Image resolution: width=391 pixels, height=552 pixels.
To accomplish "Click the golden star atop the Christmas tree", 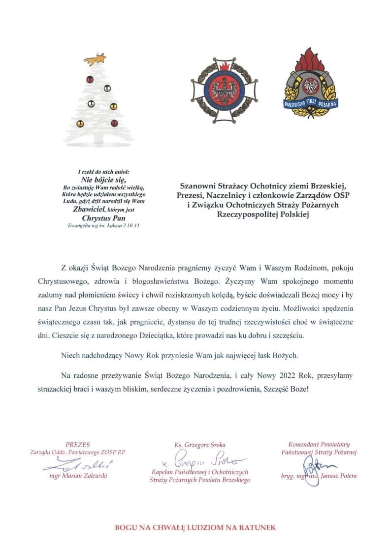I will click(95, 61).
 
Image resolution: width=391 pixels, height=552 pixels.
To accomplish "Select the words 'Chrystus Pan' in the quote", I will click(104, 217).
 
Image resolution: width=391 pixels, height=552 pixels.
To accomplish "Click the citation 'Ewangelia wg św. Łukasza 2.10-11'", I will click(104, 225).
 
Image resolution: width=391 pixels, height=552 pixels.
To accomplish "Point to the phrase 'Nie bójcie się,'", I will click(104, 179).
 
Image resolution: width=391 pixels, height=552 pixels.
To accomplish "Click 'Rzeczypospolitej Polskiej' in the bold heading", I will click(265, 214).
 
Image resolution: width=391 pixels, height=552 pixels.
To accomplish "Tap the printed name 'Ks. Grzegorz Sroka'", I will click(200, 445).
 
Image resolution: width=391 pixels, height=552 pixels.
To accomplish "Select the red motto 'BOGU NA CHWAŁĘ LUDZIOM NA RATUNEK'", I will click(195, 528).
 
